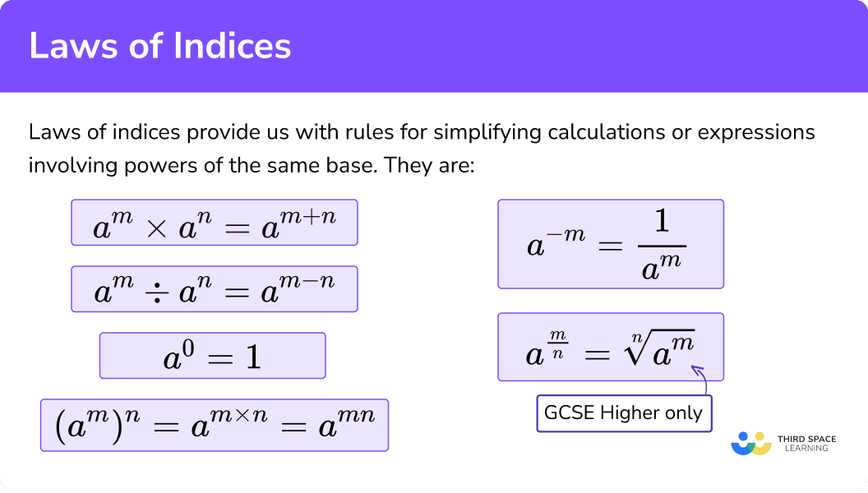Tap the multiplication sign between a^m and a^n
157,228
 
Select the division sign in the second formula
157,293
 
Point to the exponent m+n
307,216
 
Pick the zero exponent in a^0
188,348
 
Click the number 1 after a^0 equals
253,357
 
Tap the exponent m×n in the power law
239,414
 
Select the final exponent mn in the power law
356,414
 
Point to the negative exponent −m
566,235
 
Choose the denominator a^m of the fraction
662,267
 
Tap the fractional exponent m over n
557,345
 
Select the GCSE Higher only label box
624,413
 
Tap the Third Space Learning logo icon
751,443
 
